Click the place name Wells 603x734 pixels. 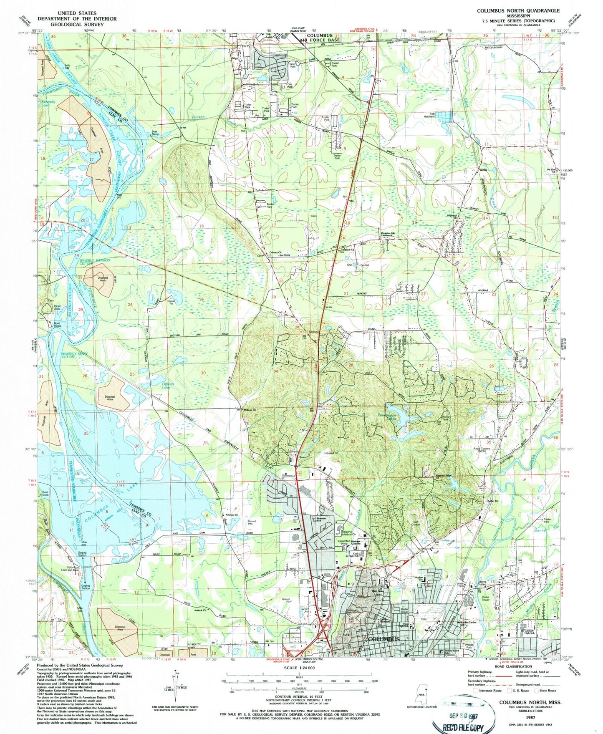[x=483, y=170]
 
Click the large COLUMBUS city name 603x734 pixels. [x=383, y=639]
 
